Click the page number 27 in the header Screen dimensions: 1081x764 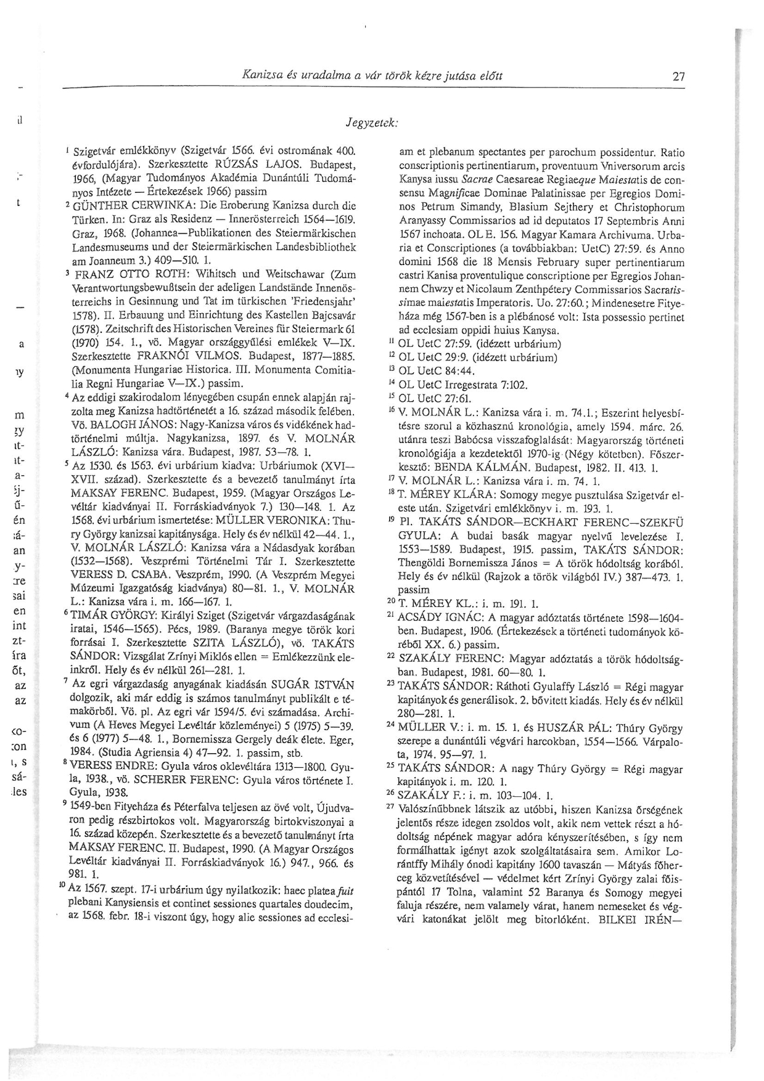tap(679, 77)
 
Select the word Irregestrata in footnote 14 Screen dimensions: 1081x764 tap(472, 385)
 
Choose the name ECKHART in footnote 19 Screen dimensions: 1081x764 tap(549, 521)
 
